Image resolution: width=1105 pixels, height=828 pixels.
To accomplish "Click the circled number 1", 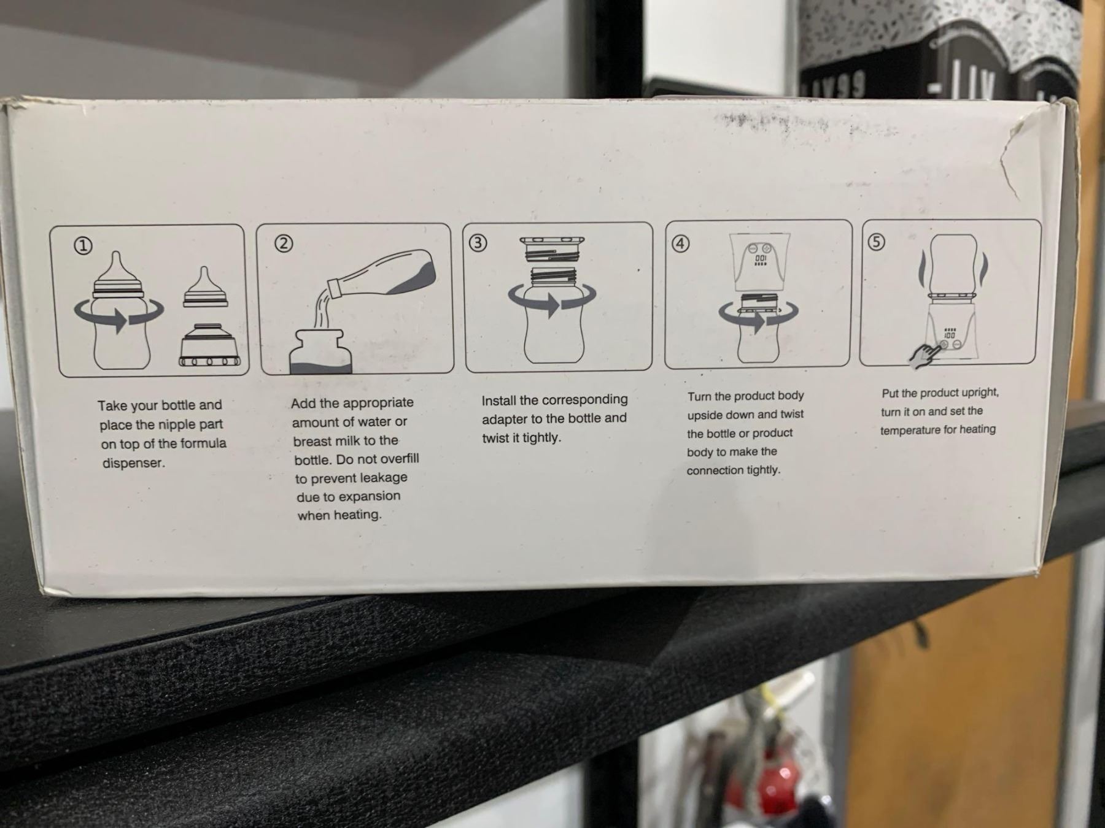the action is pos(83,246).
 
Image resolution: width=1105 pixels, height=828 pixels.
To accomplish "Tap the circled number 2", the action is pos(283,243).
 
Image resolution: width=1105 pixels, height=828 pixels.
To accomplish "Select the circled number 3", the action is pos(478,243).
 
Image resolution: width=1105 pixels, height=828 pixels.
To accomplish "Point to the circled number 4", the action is pos(680,243).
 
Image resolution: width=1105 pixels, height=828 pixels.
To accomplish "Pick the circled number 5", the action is pos(876,242).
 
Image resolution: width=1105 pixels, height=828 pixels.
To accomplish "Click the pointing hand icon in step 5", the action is pos(923,355).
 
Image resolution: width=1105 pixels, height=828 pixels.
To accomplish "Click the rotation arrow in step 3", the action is pos(552,300).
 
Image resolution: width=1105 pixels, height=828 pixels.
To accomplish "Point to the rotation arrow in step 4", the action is pos(759,315).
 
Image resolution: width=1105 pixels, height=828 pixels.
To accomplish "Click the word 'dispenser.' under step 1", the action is pos(134,463).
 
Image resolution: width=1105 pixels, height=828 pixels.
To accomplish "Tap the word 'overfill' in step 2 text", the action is pos(394,459).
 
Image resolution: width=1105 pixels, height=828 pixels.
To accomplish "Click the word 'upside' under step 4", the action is pos(706,416).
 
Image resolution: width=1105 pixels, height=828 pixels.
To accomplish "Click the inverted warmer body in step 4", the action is pos(759,262).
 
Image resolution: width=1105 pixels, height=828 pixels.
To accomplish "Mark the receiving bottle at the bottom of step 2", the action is pos(321,351).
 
